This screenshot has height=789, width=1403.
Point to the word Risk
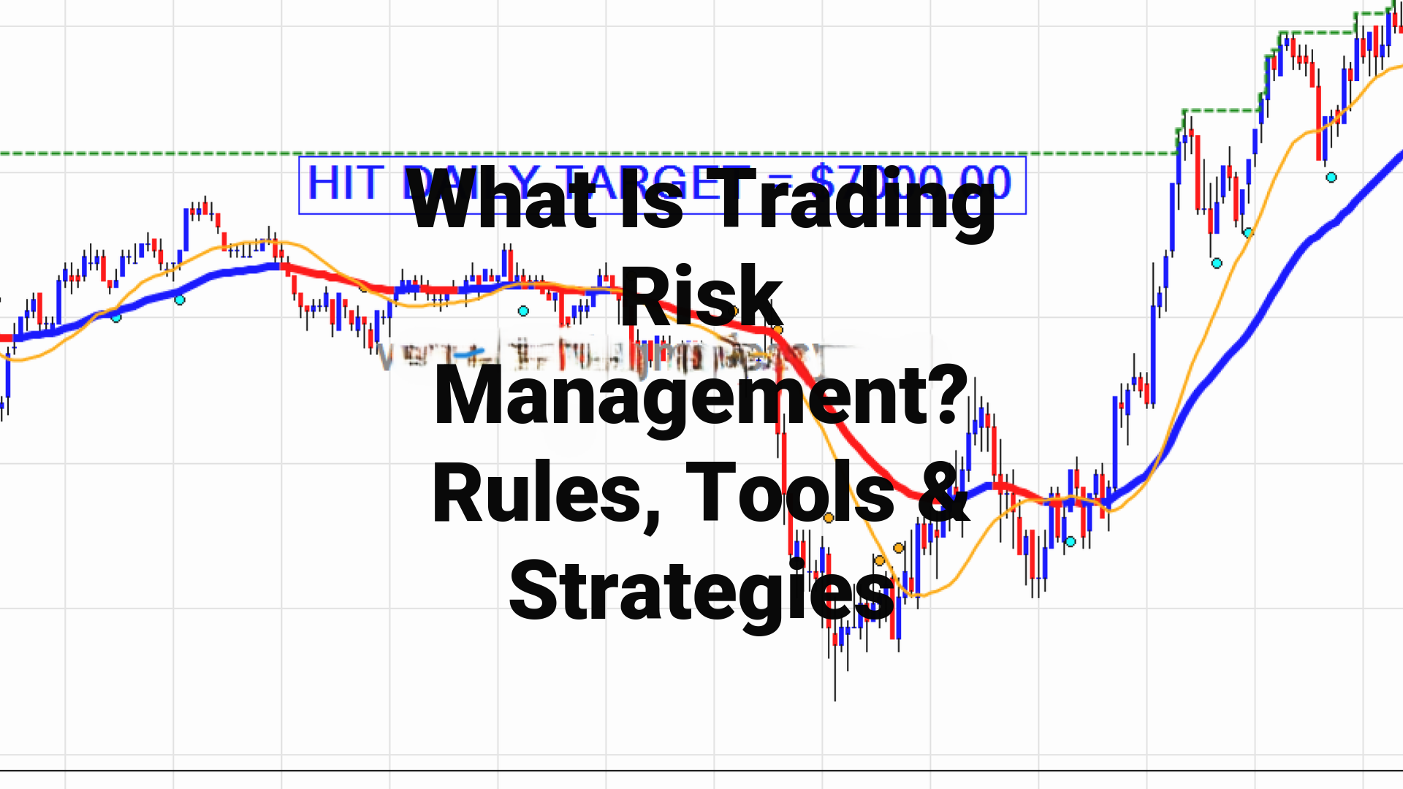(x=701, y=297)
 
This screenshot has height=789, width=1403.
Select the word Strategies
(x=701, y=592)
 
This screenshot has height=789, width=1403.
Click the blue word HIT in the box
(x=344, y=183)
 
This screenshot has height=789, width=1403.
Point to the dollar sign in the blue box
(x=825, y=183)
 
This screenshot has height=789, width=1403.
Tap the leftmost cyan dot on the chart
(x=116, y=317)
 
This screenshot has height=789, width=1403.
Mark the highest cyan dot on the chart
(x=1331, y=178)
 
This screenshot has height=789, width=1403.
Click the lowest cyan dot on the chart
(x=1071, y=541)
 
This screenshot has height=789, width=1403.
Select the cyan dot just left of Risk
(x=523, y=311)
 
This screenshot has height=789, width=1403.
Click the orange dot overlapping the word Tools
(x=829, y=518)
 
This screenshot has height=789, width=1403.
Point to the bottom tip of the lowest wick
(x=835, y=700)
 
